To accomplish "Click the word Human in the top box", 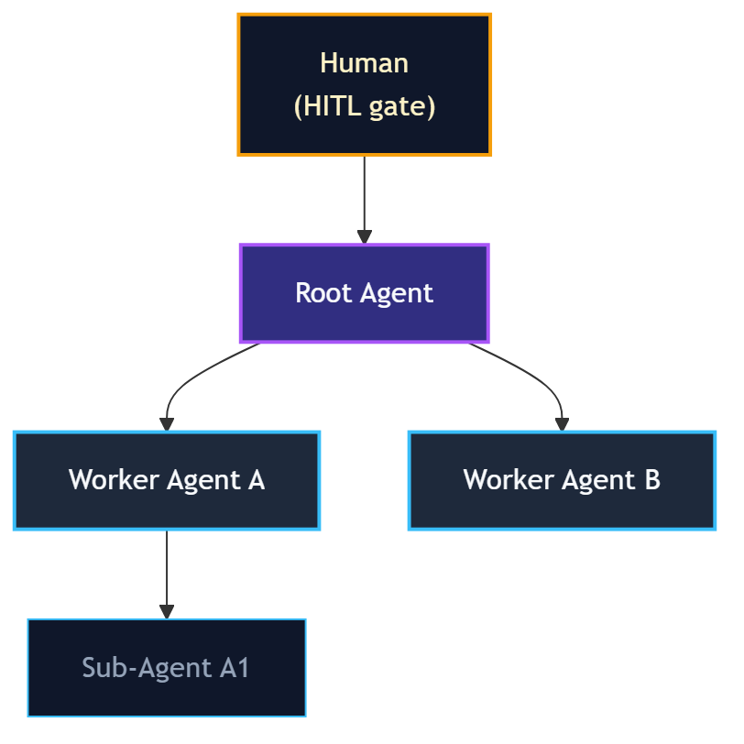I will pos(364,63).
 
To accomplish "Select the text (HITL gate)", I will pos(364,107).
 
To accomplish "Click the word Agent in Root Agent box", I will pos(397,293).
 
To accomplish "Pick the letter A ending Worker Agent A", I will pos(256,480).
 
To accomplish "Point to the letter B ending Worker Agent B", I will pos(651,480).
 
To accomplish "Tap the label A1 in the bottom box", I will pos(235,668).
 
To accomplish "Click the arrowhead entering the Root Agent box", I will pos(364,236).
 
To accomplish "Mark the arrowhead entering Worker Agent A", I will pos(167,424).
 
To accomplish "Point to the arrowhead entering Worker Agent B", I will pos(562,424).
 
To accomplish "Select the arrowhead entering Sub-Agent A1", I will pos(167,611).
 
